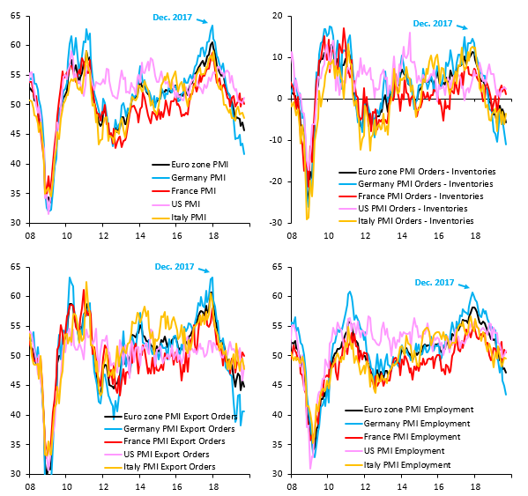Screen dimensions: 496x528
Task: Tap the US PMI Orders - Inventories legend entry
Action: pyautogui.click(x=426, y=208)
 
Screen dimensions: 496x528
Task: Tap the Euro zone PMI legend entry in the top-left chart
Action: pyautogui.click(x=188, y=165)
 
